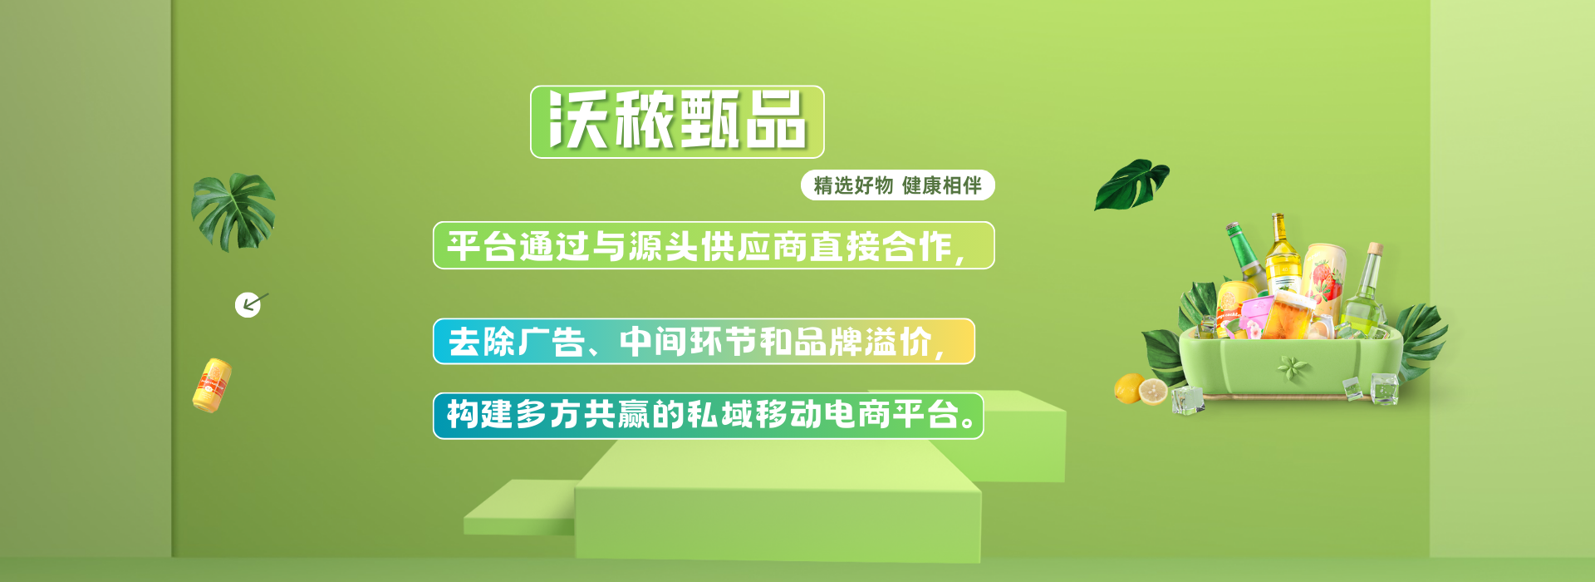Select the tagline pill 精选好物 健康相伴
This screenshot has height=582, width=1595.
point(897,185)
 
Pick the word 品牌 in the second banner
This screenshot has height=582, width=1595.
point(827,342)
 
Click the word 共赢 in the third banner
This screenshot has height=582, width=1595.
point(616,414)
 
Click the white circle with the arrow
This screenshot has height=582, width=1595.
point(248,305)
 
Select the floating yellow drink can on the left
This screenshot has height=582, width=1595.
point(212,386)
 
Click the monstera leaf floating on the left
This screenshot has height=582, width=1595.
point(233,211)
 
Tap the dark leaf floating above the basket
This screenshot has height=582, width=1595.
point(1131,184)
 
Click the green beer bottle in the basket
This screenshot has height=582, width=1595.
point(1246,258)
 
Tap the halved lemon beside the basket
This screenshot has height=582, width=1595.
point(1153,391)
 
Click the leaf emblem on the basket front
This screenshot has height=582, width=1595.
point(1293,367)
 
